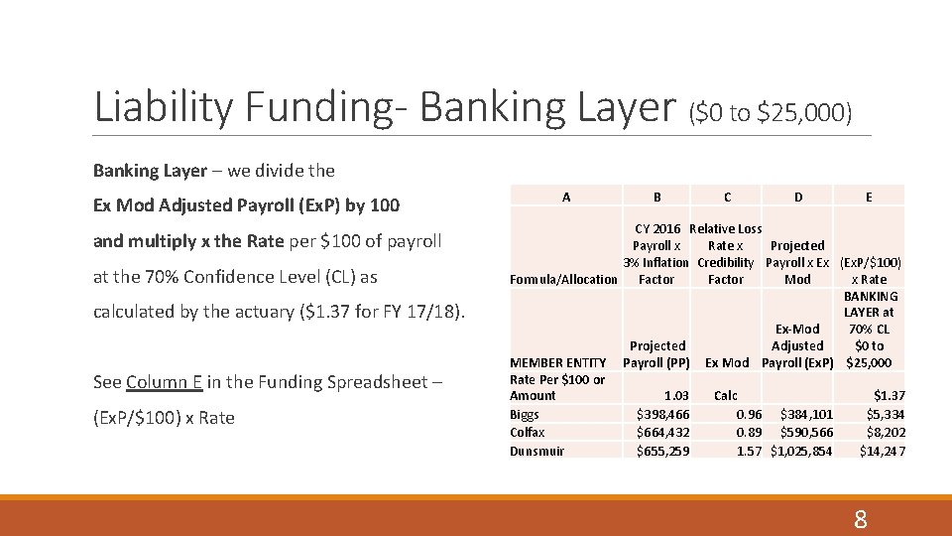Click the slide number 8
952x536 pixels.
pyautogui.click(x=860, y=519)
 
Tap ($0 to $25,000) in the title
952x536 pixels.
pyautogui.click(x=771, y=113)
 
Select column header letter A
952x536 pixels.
pyautogui.click(x=566, y=197)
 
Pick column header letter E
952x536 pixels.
pyautogui.click(x=869, y=197)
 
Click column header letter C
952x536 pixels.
pyautogui.click(x=728, y=197)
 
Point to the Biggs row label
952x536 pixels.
pyautogui.click(x=525, y=414)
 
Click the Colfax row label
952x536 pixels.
pyautogui.click(x=528, y=432)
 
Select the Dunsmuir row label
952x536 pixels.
pyautogui.click(x=536, y=451)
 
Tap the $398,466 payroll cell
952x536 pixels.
pyautogui.click(x=662, y=414)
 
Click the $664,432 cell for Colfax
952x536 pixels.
pyautogui.click(x=662, y=432)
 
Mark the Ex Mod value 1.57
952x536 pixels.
pyautogui.click(x=749, y=451)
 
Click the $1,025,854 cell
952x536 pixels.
pyautogui.click(x=801, y=451)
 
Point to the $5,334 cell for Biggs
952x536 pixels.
pyautogui.click(x=885, y=414)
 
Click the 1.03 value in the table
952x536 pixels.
pyautogui.click(x=676, y=395)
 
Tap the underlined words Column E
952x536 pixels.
pyautogui.click(x=164, y=382)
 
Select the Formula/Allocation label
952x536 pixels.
pyautogui.click(x=563, y=279)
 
